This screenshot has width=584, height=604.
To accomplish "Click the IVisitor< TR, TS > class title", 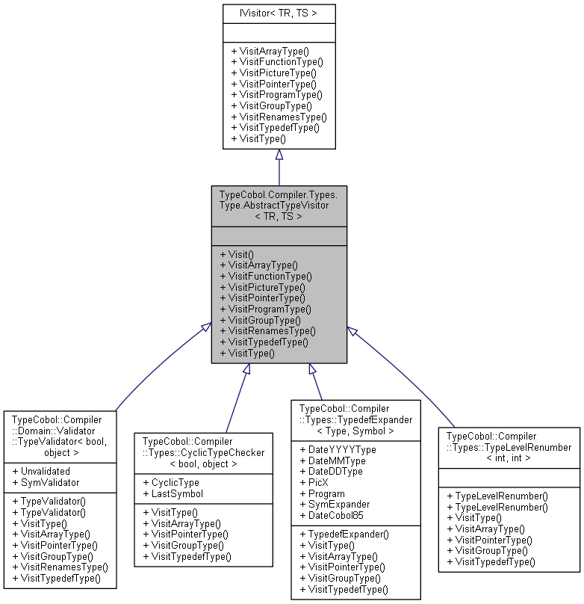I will click(x=279, y=13).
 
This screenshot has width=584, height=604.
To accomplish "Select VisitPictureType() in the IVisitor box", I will click(x=273, y=73).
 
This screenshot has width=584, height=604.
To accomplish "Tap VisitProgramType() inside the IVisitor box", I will click(x=276, y=95).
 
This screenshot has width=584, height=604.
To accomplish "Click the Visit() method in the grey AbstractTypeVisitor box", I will click(x=237, y=254).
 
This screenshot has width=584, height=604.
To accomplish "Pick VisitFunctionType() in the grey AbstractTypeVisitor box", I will click(x=267, y=276).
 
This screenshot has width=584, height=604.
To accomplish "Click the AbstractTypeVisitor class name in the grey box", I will click(x=279, y=205).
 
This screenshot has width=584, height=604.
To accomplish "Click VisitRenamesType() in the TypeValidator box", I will click(x=60, y=567).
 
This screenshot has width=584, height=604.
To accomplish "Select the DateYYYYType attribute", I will click(x=338, y=449).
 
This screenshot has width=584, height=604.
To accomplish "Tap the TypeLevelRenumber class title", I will click(x=509, y=447).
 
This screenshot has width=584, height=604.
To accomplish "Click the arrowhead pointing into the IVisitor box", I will click(x=279, y=155).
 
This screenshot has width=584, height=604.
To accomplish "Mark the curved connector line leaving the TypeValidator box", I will click(x=149, y=374).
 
